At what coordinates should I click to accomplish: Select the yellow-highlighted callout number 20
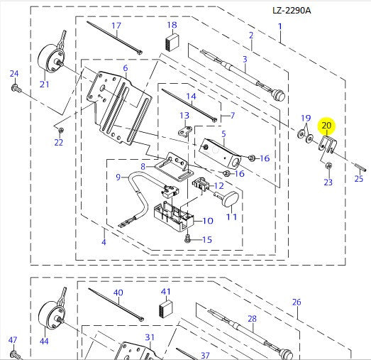coord(326,126)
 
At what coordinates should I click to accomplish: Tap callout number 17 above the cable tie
coord(116,26)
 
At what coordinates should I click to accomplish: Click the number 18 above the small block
coord(172,26)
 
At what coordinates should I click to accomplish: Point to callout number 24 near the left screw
coord(13,73)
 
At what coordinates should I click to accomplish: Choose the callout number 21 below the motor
coord(44,84)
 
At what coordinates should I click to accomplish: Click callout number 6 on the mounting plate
coord(125,68)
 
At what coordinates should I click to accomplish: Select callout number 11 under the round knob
coord(231,216)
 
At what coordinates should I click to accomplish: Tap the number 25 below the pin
coord(358,178)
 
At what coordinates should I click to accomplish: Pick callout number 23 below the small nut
coord(328,182)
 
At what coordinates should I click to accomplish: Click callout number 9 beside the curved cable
coord(120,177)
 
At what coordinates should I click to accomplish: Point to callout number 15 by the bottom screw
coord(206,239)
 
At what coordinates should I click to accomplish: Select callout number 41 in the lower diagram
coord(166,291)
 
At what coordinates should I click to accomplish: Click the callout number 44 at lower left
coord(44,342)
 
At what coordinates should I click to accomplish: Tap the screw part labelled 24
coord(15,88)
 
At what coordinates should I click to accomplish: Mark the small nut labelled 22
coord(60,130)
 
